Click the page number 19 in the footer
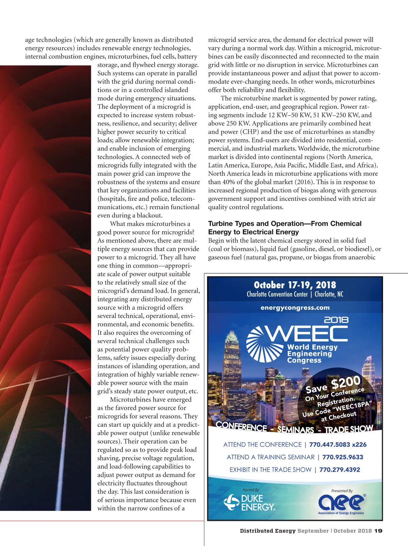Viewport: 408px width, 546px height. click(x=378, y=531)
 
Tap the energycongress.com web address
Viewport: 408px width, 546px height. click(x=295, y=308)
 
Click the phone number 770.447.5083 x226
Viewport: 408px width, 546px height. click(x=338, y=444)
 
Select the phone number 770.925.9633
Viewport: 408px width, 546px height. click(x=342, y=457)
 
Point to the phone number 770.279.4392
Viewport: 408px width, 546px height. click(x=339, y=470)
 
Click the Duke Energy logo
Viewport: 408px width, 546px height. click(x=250, y=503)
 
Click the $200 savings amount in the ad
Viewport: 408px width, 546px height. click(x=346, y=382)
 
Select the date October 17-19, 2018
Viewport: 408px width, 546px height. click(x=295, y=285)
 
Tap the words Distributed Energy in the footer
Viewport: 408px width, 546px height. click(x=268, y=531)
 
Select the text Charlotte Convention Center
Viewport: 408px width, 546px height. click(x=277, y=294)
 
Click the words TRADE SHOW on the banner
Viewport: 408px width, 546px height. click(x=349, y=429)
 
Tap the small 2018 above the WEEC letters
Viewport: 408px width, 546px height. click(x=336, y=320)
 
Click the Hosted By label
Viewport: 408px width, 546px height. click(x=251, y=490)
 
